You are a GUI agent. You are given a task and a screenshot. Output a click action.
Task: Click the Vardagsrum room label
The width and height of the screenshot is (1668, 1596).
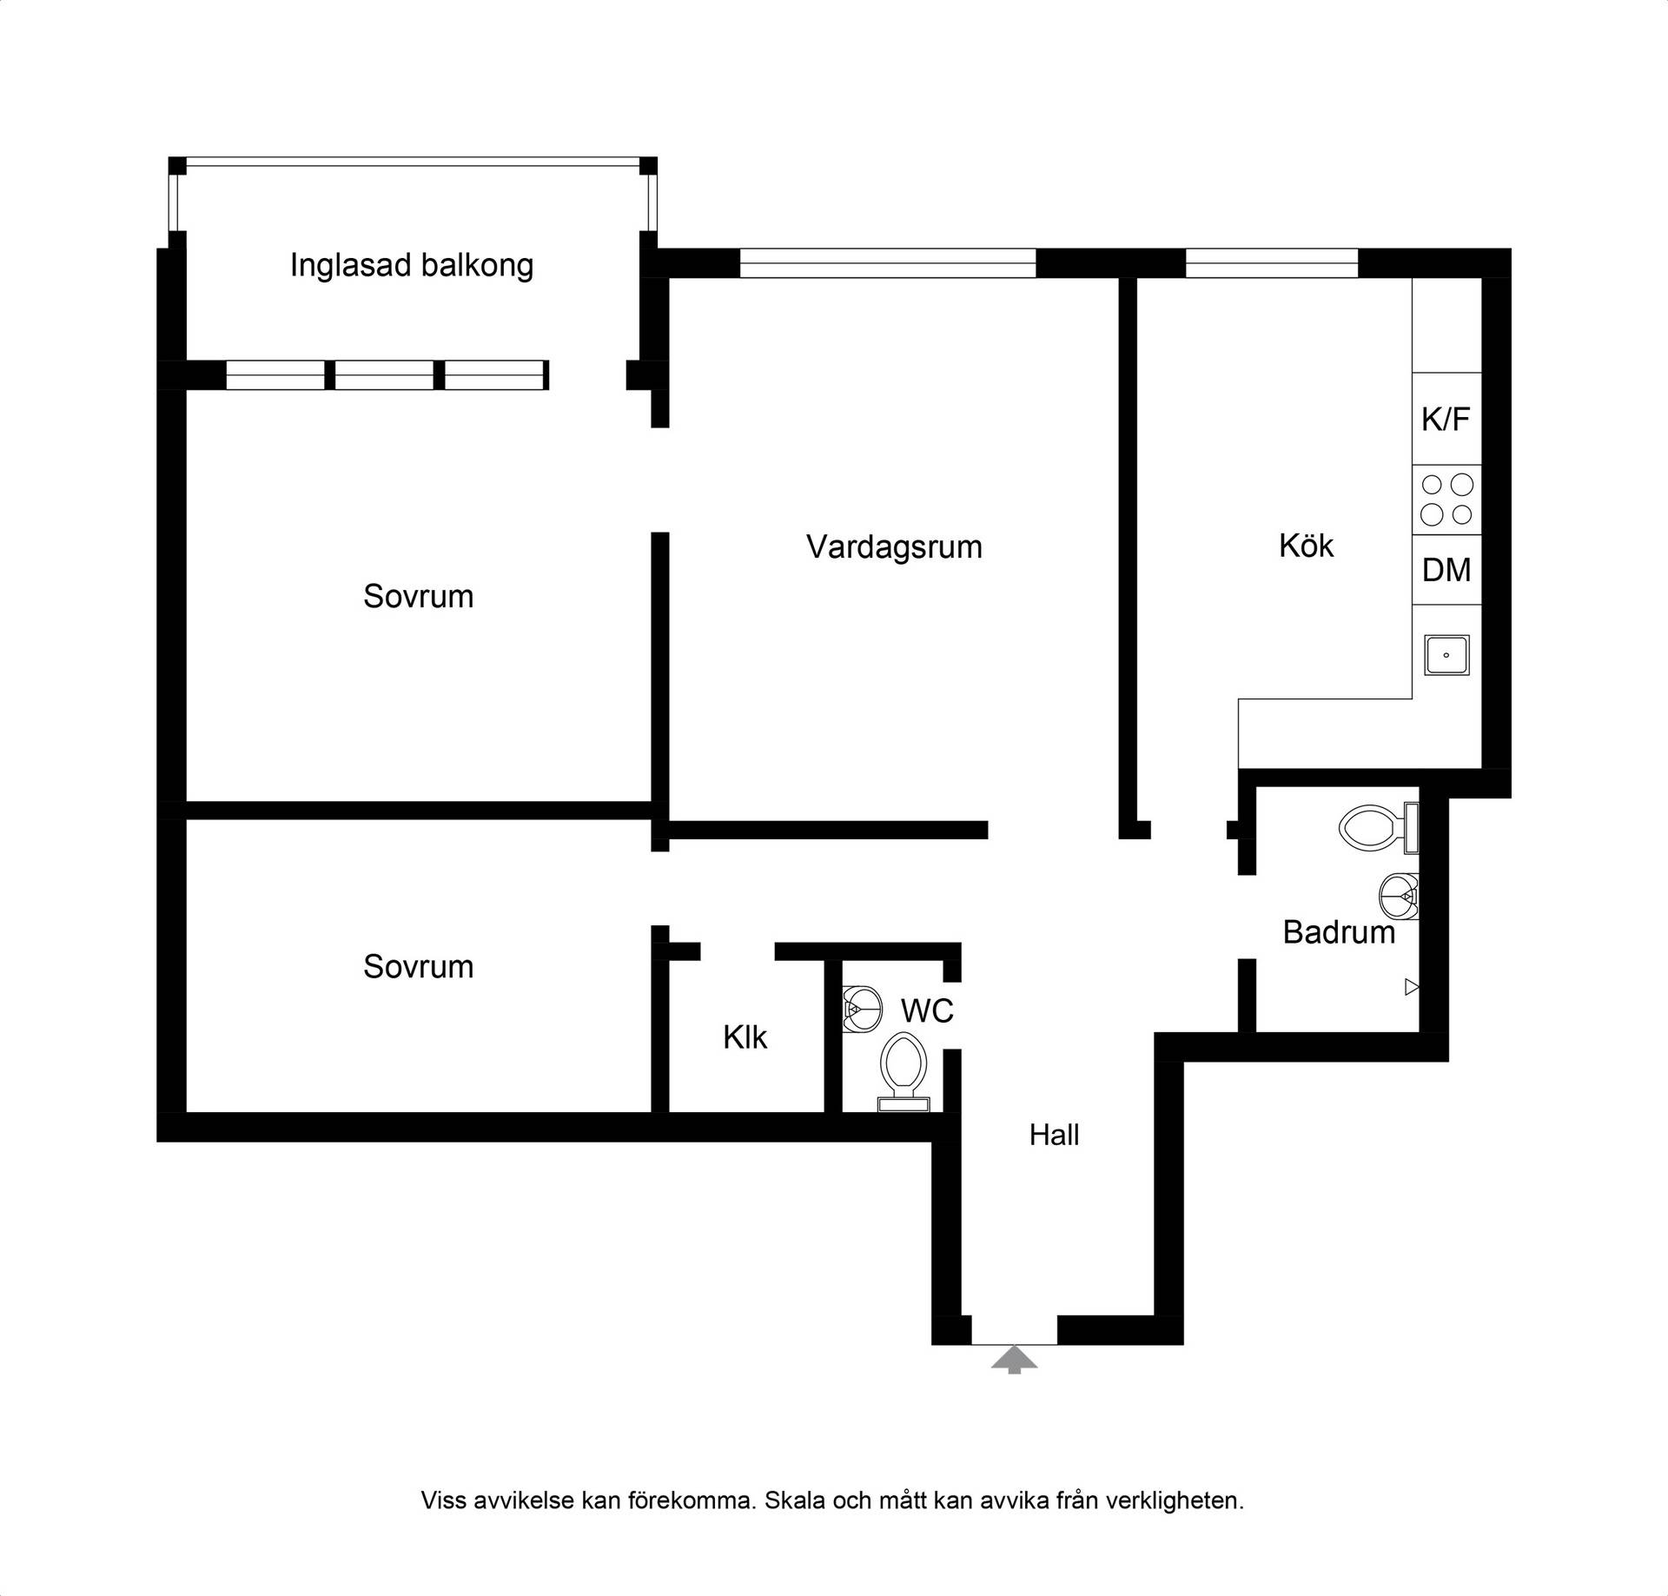[x=894, y=547]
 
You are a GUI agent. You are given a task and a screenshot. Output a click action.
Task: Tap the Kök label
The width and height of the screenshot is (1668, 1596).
[x=1306, y=546]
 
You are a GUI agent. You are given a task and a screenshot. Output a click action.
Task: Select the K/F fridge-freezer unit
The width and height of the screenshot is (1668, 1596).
[x=1446, y=419]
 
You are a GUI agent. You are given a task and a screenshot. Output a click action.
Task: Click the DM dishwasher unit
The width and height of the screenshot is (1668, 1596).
[x=1446, y=570]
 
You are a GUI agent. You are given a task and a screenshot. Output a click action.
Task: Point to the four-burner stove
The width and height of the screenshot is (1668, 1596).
[x=1446, y=500]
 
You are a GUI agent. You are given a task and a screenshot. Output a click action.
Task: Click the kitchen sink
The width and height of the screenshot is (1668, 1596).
[x=1446, y=655]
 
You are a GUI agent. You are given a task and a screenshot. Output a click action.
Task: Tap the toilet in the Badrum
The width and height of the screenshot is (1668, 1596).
[x=1380, y=828]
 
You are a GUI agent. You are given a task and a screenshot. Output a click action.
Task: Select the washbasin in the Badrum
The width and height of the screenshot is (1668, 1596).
[x=1400, y=896]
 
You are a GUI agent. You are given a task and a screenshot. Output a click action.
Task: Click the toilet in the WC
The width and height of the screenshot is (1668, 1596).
[x=903, y=1071]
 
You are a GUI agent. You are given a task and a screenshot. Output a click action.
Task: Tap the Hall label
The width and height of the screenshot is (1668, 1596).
[x=1054, y=1135]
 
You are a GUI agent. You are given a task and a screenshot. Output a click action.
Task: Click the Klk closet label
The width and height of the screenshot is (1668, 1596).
[x=745, y=1036]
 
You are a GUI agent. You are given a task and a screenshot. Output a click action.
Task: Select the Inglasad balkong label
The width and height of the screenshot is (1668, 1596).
[x=412, y=265]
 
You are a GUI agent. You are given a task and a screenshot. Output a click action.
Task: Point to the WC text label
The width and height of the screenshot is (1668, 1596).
[x=927, y=1010]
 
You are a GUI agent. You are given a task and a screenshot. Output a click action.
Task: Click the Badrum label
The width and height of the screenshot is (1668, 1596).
[x=1339, y=932]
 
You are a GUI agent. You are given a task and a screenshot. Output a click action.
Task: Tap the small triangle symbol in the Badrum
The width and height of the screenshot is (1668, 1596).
[x=1412, y=987]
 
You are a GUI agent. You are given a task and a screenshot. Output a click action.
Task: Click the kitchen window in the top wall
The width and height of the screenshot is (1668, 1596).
[x=1272, y=263]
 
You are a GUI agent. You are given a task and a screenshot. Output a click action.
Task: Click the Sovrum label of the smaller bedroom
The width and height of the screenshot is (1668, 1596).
[x=418, y=967]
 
